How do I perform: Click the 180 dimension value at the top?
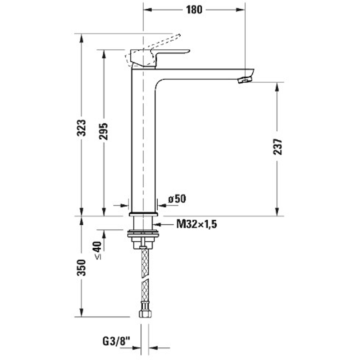(194, 10)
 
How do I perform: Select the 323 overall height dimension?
(82, 128)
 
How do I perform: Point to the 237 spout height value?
(277, 147)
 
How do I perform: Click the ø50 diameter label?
(177, 198)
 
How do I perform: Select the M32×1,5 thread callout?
(197, 225)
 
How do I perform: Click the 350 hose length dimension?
(82, 267)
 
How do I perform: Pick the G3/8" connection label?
(116, 340)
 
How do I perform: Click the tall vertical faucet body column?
(143, 144)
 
